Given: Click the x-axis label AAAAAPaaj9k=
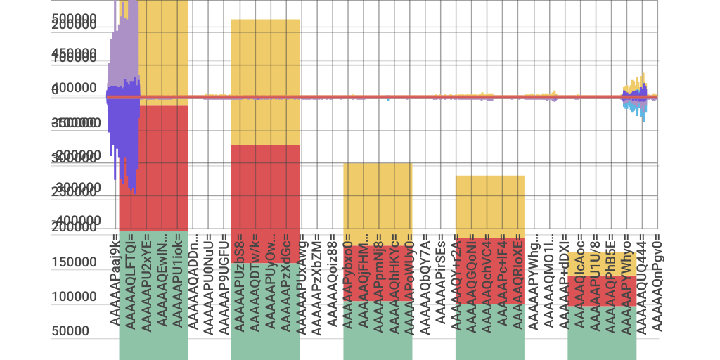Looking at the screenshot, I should click(114, 281).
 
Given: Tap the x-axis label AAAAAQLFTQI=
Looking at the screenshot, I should click(130, 281).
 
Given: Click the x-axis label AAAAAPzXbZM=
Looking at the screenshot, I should click(317, 281).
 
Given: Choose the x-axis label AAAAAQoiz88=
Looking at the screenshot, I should click(333, 281).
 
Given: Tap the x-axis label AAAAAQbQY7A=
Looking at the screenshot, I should click(425, 281).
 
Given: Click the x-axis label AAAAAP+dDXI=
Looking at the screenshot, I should click(564, 281).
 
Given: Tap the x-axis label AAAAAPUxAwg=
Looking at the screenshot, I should click(301, 281).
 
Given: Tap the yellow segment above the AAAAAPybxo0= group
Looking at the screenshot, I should click(378, 197).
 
